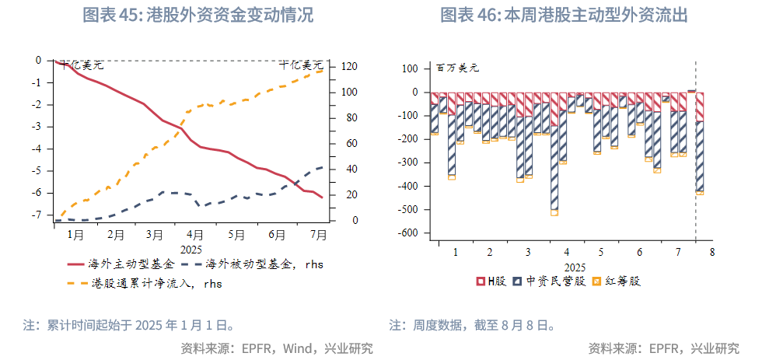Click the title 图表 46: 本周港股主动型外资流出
[565, 15]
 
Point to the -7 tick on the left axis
[37, 215]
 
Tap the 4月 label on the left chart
[195, 234]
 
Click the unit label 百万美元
[457, 68]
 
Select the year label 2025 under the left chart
[190, 249]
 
